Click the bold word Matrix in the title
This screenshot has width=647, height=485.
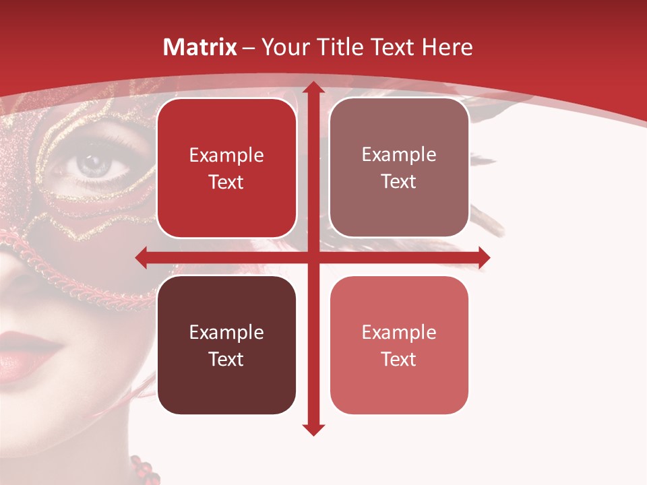tap(200, 47)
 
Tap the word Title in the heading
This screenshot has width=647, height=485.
tap(342, 47)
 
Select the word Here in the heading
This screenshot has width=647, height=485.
tap(447, 47)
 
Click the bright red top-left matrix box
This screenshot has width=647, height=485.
tap(226, 168)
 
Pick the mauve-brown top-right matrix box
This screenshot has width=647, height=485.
tap(399, 168)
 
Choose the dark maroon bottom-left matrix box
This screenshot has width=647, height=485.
tap(226, 345)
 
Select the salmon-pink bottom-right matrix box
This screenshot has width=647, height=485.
tap(399, 345)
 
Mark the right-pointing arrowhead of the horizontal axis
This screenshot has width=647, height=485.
tap(483, 257)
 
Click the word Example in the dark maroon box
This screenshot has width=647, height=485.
tap(226, 332)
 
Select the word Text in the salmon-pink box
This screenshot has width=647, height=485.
tap(399, 359)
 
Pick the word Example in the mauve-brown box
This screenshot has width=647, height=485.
tap(399, 155)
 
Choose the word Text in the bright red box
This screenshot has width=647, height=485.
tap(226, 182)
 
